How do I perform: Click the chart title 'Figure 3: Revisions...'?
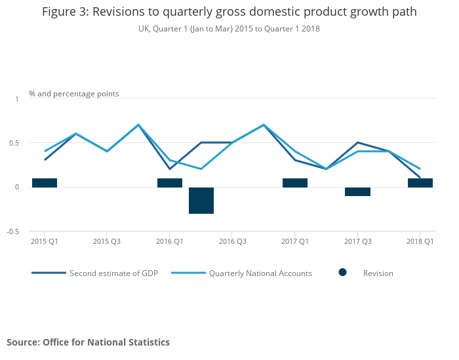(x=229, y=12)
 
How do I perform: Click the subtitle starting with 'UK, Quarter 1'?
(x=229, y=29)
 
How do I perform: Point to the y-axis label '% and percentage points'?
(x=74, y=94)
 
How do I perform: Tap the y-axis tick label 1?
(x=17, y=98)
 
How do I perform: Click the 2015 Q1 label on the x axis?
(x=44, y=241)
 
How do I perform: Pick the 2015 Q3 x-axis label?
(x=107, y=241)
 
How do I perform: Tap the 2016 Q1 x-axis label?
(x=169, y=241)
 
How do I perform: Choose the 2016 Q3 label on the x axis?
(x=232, y=241)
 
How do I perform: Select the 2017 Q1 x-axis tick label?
(x=294, y=241)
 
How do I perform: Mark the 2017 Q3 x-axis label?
(x=357, y=241)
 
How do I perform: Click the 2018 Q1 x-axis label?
(x=420, y=241)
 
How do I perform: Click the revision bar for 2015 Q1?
(x=45, y=183)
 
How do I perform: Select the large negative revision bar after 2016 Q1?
(x=201, y=200)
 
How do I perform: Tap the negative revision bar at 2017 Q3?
(x=357, y=191)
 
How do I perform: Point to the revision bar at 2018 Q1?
(x=420, y=183)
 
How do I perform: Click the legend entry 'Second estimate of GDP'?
(x=113, y=273)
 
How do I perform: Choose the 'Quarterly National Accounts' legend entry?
(x=260, y=273)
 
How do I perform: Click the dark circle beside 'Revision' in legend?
(x=342, y=272)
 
